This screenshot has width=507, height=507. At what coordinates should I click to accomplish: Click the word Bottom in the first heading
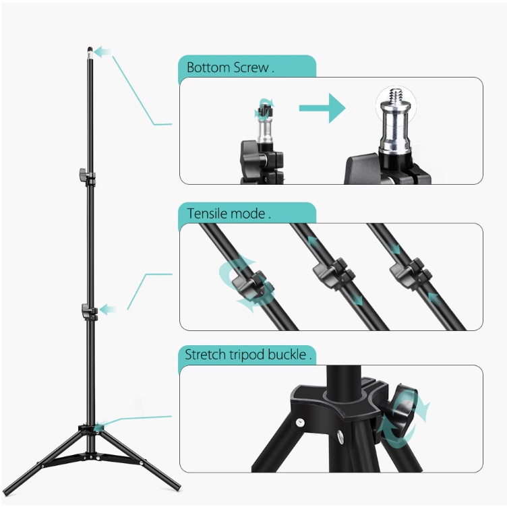pyautogui.click(x=207, y=67)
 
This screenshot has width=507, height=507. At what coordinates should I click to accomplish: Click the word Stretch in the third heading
pyautogui.click(x=205, y=355)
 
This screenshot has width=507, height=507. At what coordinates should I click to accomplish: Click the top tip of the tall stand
pyautogui.click(x=90, y=49)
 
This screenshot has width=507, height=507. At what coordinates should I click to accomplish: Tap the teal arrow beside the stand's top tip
pyautogui.click(x=102, y=51)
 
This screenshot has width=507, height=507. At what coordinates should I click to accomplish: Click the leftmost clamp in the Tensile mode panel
pyautogui.click(x=247, y=283)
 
